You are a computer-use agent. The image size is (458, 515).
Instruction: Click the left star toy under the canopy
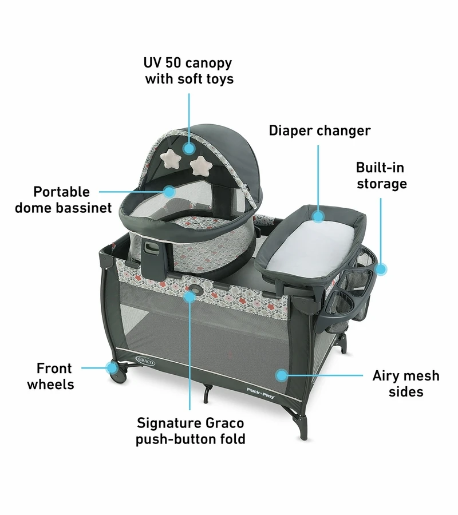pyautogui.click(x=171, y=157)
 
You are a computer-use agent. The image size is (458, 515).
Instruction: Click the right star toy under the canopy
pyautogui.click(x=201, y=165)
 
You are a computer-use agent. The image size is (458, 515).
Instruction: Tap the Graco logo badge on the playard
pyautogui.click(x=145, y=360)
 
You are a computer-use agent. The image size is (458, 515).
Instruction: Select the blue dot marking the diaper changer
pyautogui.click(x=318, y=216)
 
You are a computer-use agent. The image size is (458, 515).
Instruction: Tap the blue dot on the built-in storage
pyautogui.click(x=381, y=269)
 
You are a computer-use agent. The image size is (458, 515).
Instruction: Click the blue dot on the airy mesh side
pyautogui.click(x=282, y=375)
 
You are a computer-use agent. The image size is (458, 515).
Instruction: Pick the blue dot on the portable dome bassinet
pyautogui.click(x=169, y=192)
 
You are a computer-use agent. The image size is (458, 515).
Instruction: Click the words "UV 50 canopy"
pyautogui.click(x=188, y=63)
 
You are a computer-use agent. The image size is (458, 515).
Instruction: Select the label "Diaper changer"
pyautogui.click(x=319, y=130)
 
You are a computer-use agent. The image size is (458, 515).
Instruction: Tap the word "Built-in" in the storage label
pyautogui.click(x=380, y=168)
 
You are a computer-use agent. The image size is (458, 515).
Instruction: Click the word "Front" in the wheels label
pyautogui.click(x=54, y=368)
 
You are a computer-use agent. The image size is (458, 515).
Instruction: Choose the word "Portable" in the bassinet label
pyautogui.click(x=61, y=192)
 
